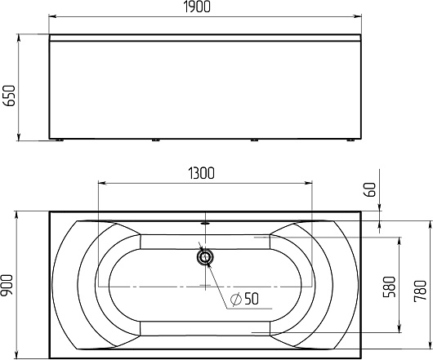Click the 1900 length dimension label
click(x=197, y=7)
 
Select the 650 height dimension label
click(x=9, y=96)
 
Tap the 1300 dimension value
click(x=201, y=173)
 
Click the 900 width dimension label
click(x=7, y=285)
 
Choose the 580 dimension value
click(x=389, y=287)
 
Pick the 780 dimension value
click(x=421, y=291)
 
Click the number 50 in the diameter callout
click(x=252, y=299)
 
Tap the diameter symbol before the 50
click(x=236, y=299)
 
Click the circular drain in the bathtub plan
click(x=205, y=257)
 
